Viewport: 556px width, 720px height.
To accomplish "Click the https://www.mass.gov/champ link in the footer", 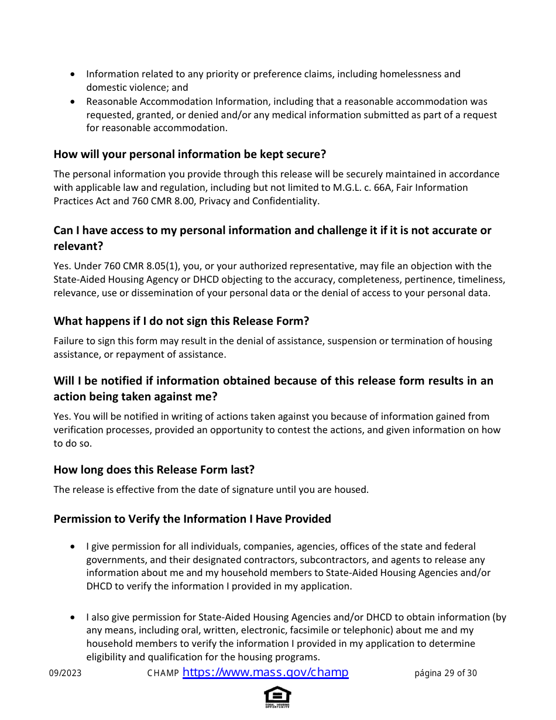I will tap(265, 673).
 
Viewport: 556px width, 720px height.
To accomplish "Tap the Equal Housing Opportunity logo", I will tap(277, 697).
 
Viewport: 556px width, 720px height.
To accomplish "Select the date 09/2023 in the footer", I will tap(65, 673).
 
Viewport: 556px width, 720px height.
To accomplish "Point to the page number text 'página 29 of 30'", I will tap(445, 673).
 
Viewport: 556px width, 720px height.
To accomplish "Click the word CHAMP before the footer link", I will tap(163, 673).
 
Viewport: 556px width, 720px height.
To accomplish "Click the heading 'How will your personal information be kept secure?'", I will tap(190, 155).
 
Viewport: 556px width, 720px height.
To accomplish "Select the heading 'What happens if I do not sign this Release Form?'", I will tap(181, 321).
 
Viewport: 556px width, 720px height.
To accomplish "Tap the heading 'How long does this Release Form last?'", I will tap(154, 469).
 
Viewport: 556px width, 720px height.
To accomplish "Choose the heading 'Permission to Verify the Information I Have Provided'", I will tap(192, 519).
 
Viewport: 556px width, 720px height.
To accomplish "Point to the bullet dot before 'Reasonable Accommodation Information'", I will tap(72, 102).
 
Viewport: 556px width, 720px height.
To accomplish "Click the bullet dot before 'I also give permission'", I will tap(72, 618).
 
